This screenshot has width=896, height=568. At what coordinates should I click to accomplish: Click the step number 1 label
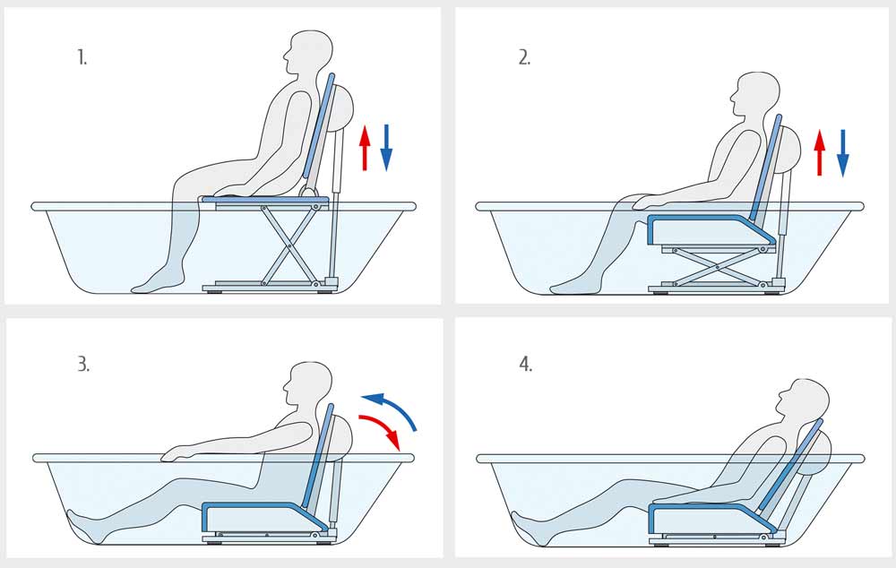[82, 57]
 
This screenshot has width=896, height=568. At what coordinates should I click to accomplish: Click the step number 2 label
[524, 57]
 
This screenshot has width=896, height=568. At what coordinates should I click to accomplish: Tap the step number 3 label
[83, 364]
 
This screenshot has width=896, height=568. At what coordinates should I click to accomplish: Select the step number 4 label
[526, 364]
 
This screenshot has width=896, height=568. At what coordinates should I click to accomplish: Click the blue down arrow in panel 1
[386, 148]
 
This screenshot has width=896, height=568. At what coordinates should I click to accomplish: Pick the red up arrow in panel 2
[820, 152]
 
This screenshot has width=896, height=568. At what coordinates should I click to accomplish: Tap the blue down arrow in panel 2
[843, 153]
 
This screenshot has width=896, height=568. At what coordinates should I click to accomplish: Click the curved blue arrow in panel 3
[394, 407]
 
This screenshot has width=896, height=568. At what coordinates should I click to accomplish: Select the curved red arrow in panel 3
[383, 428]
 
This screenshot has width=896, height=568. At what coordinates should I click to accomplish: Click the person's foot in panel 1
[155, 283]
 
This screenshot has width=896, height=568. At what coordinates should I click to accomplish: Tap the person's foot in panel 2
[574, 285]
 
